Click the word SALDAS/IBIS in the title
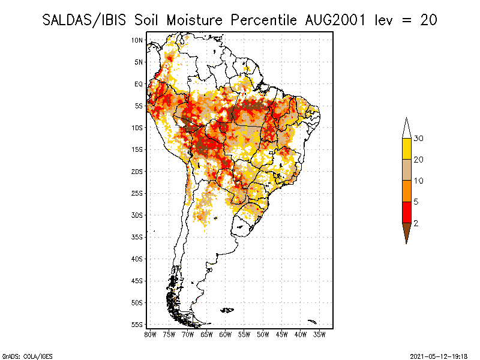pyautogui.click(x=83, y=20)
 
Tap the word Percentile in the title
pyautogui.click(x=263, y=20)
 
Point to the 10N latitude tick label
pyautogui.click(x=137, y=40)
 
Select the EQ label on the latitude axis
pyautogui.click(x=138, y=84)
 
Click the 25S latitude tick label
pyautogui.click(x=137, y=193)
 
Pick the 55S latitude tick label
pyautogui.click(x=137, y=325)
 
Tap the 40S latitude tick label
pyautogui.click(x=137, y=259)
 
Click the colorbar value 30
pyautogui.click(x=419, y=139)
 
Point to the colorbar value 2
pyautogui.click(x=416, y=223)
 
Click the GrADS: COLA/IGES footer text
pyautogui.click(x=20, y=356)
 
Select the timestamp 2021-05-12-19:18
pyautogui.click(x=439, y=356)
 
